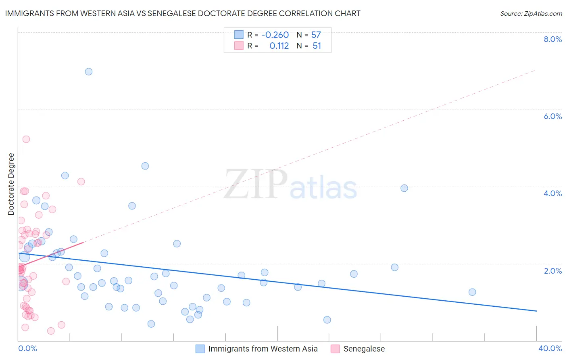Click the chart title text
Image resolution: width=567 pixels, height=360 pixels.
click(x=183, y=13)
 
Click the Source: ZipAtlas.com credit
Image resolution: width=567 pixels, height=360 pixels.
click(x=531, y=14)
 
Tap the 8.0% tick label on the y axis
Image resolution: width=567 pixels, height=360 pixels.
click(x=552, y=39)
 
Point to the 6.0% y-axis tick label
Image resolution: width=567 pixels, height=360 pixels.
click(x=552, y=116)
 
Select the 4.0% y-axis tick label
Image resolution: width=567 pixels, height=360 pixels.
click(x=552, y=193)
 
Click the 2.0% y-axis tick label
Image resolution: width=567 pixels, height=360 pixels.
click(x=552, y=271)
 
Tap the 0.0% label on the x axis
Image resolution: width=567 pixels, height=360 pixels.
click(x=27, y=348)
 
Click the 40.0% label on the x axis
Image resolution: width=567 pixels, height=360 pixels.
click(x=550, y=348)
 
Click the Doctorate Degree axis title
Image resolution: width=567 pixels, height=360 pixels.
click(x=11, y=184)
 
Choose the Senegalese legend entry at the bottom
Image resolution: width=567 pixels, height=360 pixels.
click(x=364, y=349)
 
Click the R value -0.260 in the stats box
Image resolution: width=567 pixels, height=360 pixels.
click(x=275, y=35)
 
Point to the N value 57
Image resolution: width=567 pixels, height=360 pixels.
click(x=316, y=35)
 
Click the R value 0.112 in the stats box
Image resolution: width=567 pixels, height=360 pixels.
click(x=279, y=46)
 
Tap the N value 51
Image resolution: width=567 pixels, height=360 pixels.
click(x=317, y=46)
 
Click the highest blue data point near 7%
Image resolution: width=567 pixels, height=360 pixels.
click(x=89, y=72)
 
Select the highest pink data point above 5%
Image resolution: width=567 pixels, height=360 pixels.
click(x=26, y=139)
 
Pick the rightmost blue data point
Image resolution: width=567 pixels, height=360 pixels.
click(x=472, y=292)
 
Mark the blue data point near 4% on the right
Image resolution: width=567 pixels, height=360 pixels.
click(x=404, y=188)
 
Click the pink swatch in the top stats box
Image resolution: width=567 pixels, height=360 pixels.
click(x=239, y=46)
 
